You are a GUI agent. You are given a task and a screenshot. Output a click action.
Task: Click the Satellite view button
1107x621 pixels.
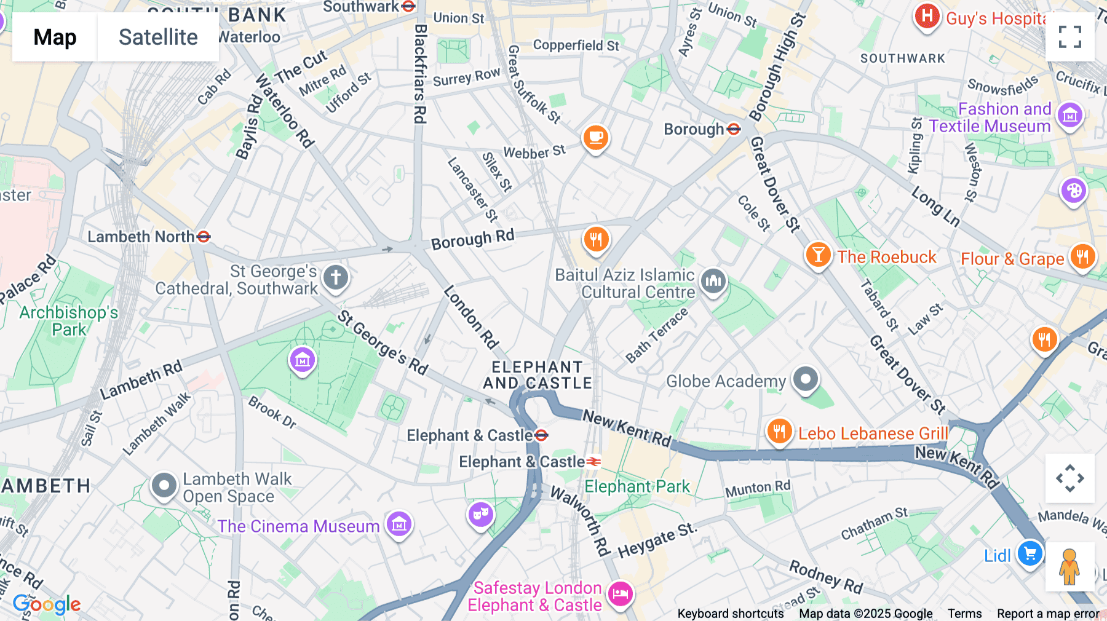click(x=158, y=37)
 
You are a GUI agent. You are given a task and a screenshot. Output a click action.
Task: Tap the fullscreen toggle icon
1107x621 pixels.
click(x=1069, y=37)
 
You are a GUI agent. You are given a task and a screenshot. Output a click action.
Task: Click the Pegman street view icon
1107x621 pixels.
click(x=1069, y=566)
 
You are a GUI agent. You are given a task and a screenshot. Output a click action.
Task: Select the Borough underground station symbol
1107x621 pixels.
click(x=734, y=129)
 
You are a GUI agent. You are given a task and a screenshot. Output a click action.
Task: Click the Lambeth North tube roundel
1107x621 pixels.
click(x=204, y=237)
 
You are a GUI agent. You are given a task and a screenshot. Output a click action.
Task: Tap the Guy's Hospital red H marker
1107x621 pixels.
click(x=927, y=17)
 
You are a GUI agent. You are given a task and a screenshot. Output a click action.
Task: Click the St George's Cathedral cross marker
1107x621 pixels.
click(x=335, y=277)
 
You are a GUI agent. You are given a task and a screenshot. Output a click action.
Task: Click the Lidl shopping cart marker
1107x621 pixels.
click(x=1030, y=553)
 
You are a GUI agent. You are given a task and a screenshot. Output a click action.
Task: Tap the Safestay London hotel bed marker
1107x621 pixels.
click(x=621, y=594)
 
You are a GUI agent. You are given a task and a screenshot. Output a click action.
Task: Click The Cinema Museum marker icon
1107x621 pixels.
click(x=399, y=524)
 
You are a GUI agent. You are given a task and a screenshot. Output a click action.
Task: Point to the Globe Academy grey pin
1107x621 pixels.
click(x=805, y=379)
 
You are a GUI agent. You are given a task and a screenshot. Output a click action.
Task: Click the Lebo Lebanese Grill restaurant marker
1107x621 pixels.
click(x=779, y=431)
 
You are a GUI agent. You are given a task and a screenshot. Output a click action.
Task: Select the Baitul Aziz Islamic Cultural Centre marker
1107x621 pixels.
click(x=713, y=281)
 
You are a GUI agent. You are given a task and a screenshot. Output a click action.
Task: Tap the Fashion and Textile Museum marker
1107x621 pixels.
click(x=1069, y=115)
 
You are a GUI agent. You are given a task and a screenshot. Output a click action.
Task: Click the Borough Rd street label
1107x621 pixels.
click(x=472, y=239)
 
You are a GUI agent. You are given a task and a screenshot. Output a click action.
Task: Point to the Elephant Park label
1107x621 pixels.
click(x=637, y=487)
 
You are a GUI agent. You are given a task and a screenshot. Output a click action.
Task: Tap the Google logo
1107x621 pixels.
click(x=47, y=604)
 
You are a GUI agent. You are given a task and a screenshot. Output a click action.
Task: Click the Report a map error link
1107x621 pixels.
click(x=1048, y=614)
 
